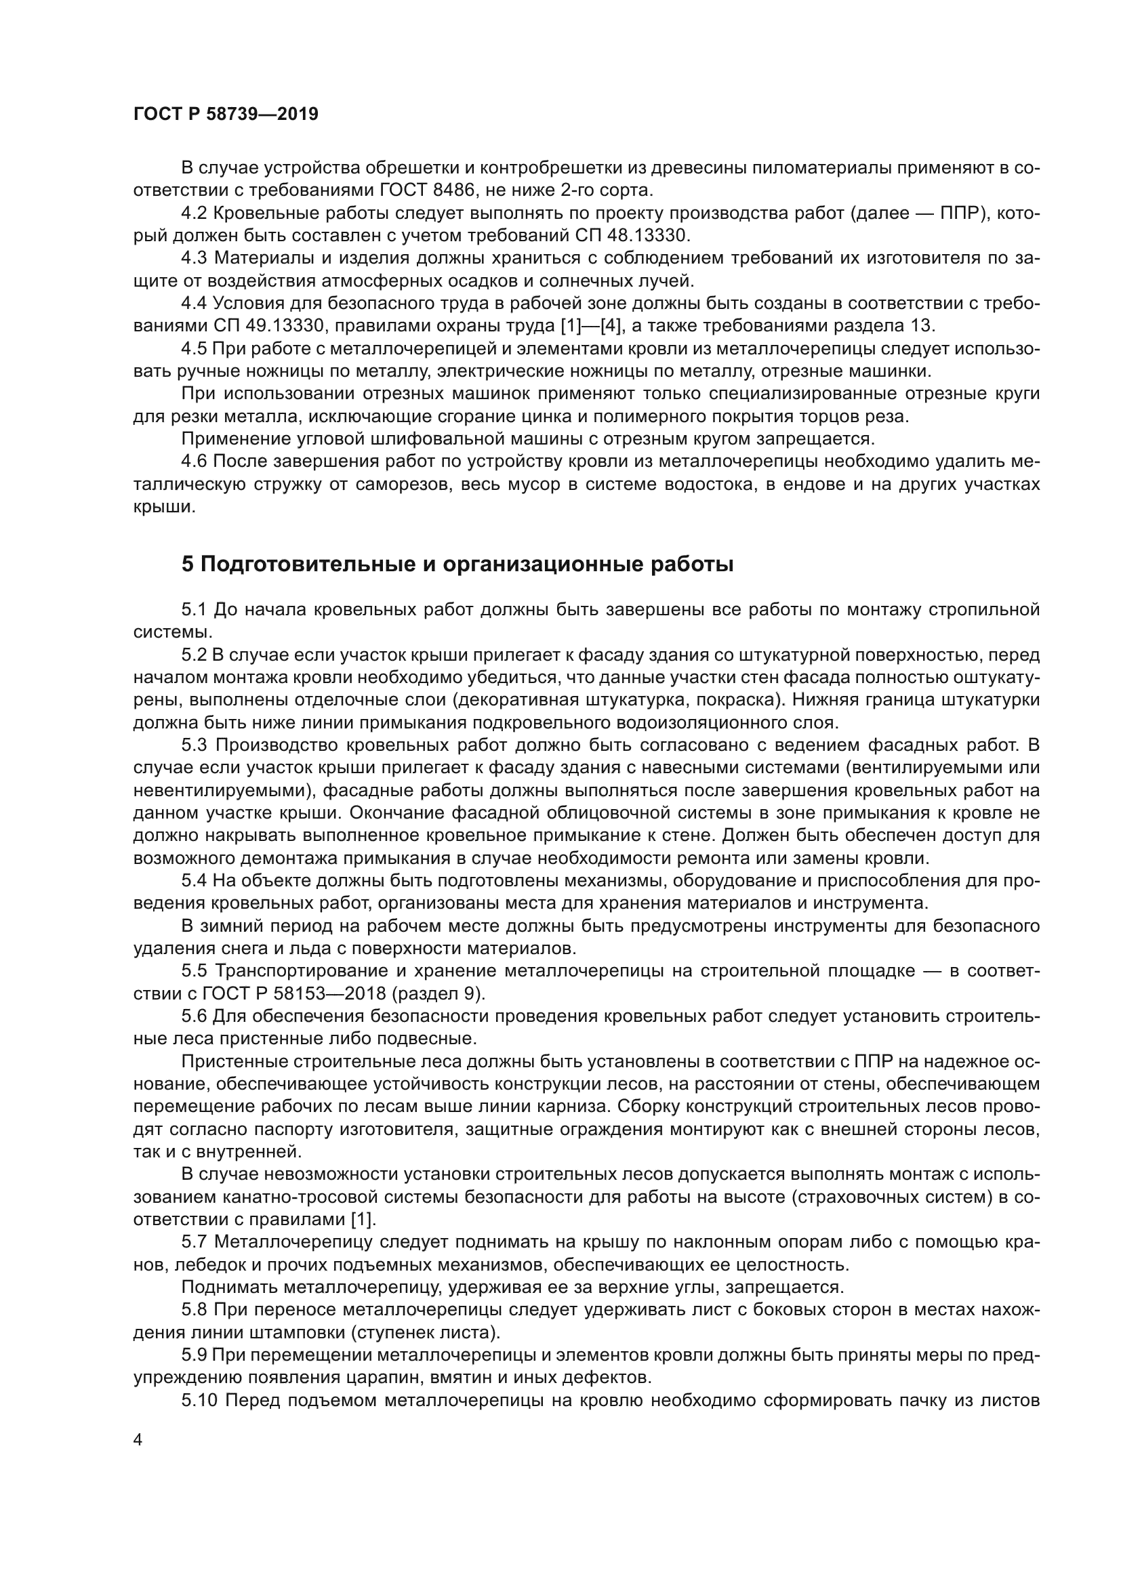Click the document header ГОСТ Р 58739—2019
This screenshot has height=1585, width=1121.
[x=226, y=115]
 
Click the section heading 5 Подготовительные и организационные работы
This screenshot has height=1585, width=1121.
[x=457, y=564]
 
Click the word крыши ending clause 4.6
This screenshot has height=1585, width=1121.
[x=162, y=507]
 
